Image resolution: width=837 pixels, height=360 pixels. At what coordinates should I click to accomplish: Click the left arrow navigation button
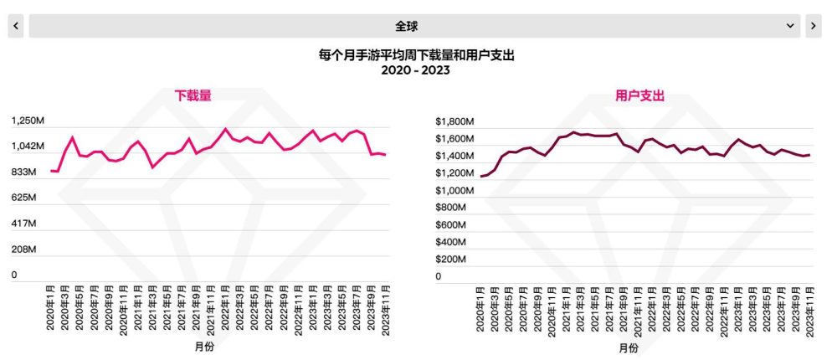(16, 26)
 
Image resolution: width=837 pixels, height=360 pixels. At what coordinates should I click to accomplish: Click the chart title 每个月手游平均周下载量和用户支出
(416, 55)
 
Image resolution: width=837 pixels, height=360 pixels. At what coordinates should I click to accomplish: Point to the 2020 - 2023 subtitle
(416, 70)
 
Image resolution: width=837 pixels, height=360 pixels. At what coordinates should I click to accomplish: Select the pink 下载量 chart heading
(193, 96)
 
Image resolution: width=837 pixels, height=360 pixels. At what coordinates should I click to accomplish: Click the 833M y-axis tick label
(24, 172)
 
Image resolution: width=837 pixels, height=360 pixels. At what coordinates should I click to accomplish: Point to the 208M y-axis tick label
(24, 249)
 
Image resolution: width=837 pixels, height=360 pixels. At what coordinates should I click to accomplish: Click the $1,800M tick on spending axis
(455, 121)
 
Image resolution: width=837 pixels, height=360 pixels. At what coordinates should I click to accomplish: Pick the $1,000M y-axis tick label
(455, 190)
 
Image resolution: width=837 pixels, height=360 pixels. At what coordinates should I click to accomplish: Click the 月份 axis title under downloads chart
(203, 347)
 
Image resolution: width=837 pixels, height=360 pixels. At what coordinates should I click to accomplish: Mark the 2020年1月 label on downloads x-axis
(52, 311)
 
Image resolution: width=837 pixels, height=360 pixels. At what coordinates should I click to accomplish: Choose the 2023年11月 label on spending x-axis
(810, 311)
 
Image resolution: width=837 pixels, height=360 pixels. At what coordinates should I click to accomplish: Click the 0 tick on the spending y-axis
(438, 276)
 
